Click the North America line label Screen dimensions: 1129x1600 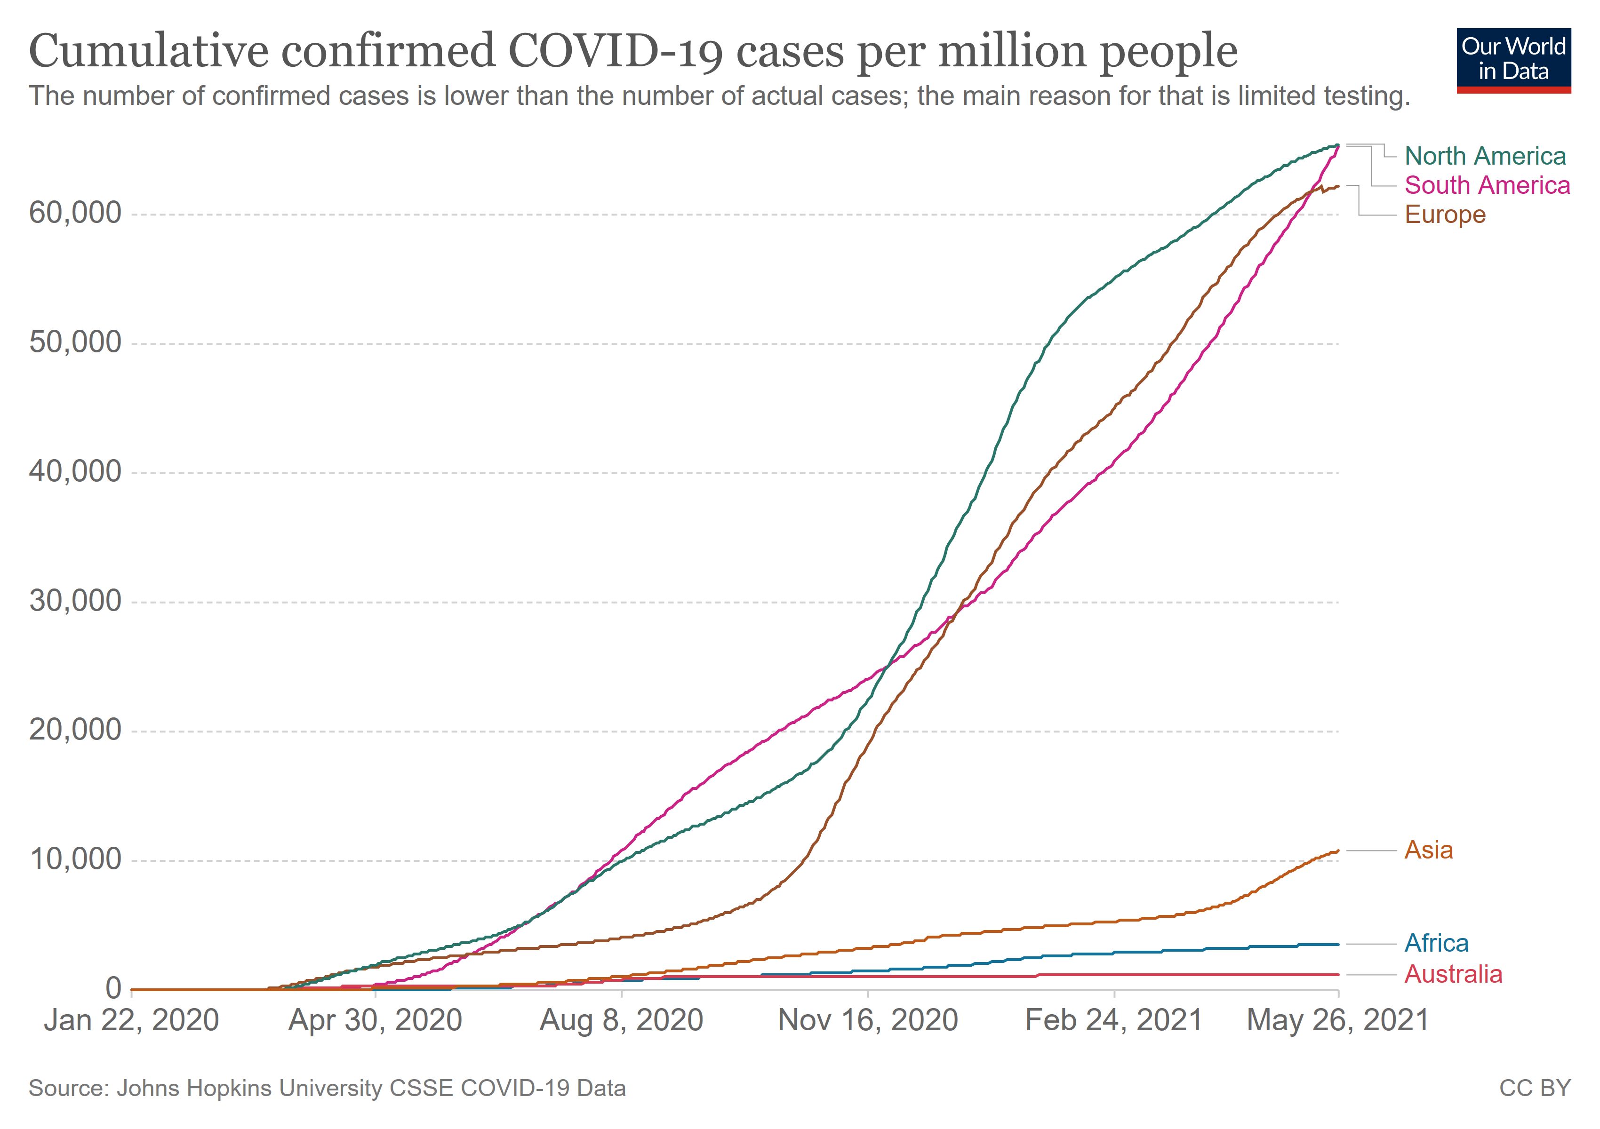tap(1485, 156)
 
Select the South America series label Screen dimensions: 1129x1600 tap(1487, 185)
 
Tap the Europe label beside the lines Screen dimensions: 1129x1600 tap(1445, 215)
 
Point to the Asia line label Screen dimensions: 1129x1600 tap(1429, 851)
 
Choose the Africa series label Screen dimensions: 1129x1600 tap(1436, 944)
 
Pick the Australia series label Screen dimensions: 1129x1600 tap(1453, 974)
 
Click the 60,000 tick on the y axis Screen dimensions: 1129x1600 tap(75, 213)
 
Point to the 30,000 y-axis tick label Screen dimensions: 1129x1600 tap(75, 601)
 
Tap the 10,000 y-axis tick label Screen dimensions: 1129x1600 tap(75, 859)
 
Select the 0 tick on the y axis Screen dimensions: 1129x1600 tap(113, 988)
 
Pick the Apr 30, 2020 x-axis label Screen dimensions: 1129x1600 tap(376, 1021)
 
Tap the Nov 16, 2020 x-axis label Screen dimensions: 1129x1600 tap(868, 1021)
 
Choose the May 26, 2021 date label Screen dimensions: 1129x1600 tap(1337, 1021)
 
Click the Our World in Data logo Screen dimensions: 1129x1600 tap(1513, 60)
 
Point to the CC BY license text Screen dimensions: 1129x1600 tap(1535, 1088)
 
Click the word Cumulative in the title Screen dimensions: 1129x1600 tap(148, 52)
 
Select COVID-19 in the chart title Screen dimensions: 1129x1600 tap(616, 52)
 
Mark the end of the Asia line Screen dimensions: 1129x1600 tap(1338, 851)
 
